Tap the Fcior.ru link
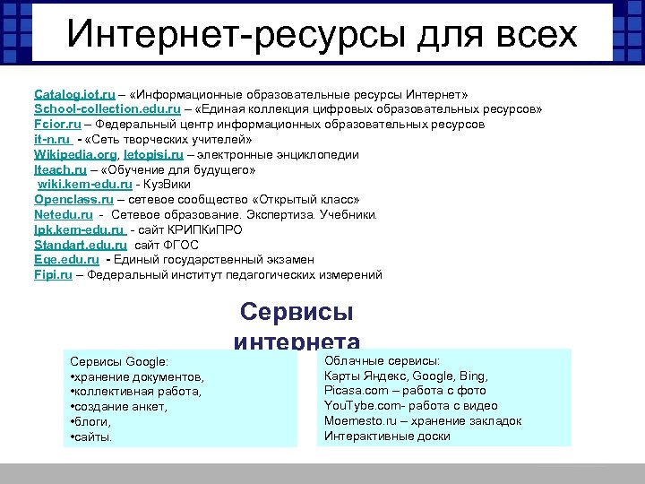pos(57,125)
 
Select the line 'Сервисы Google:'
pos(118,361)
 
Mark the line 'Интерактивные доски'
pos(387,436)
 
